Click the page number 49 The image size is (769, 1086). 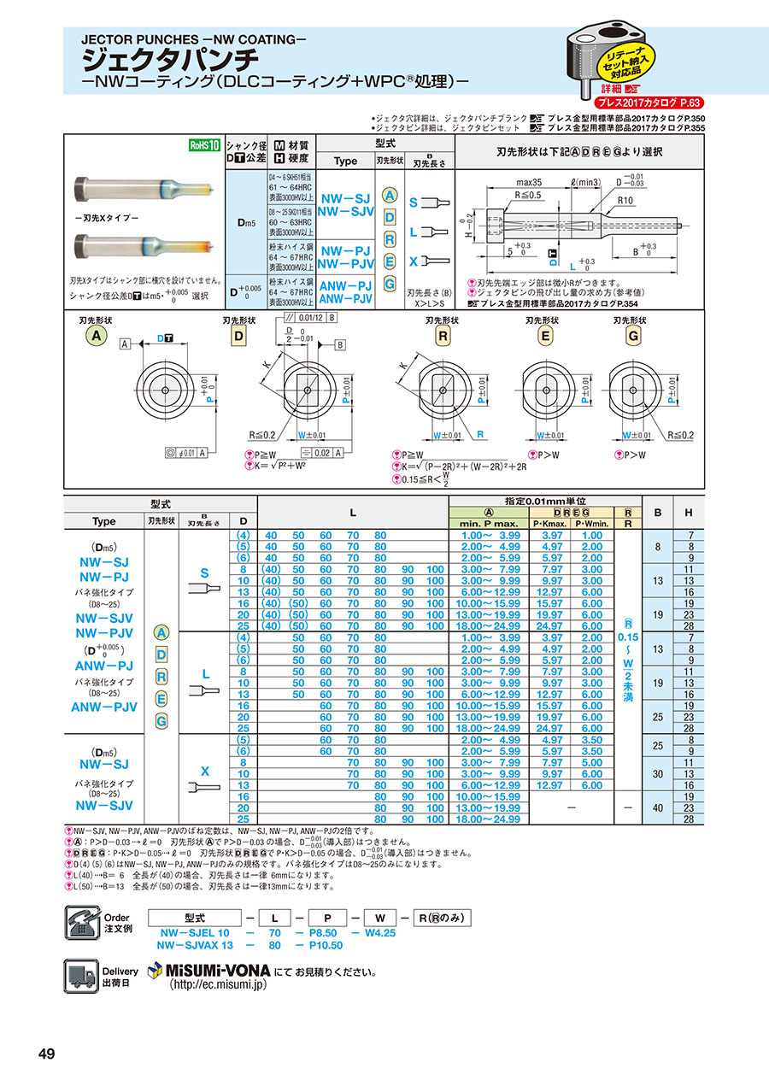click(x=46, y=1054)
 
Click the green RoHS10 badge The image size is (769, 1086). click(x=204, y=145)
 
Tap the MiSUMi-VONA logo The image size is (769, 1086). click(x=209, y=971)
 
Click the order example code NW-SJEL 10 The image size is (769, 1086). click(x=192, y=934)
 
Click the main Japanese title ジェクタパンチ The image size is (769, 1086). click(x=169, y=60)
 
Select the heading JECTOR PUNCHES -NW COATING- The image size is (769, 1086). click(x=193, y=39)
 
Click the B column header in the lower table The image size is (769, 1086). click(x=658, y=514)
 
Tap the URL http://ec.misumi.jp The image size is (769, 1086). click(x=218, y=985)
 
